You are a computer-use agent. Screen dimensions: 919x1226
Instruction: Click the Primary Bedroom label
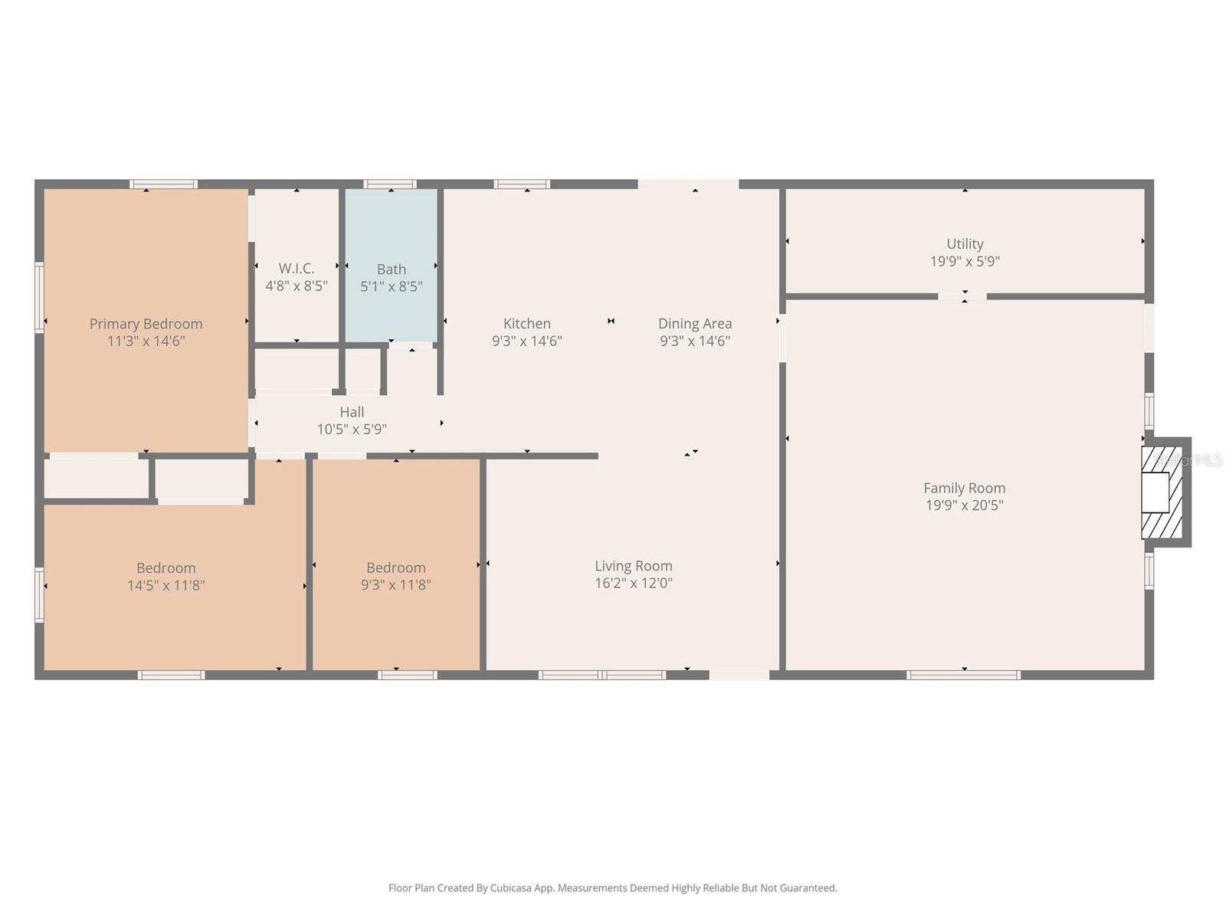[146, 324]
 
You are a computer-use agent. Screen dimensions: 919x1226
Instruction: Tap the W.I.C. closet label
[297, 269]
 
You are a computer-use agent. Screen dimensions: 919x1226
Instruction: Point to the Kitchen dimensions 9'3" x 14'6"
[526, 341]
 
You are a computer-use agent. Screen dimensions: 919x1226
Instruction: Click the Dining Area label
[694, 324]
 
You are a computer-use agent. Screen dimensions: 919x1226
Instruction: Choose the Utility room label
[964, 244]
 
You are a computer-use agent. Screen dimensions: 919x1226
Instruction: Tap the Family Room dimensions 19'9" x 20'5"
[964, 505]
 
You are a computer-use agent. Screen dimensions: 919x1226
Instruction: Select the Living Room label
[633, 566]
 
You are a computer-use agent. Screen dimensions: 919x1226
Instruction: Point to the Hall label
[352, 412]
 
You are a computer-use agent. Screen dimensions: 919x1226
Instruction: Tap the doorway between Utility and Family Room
[963, 296]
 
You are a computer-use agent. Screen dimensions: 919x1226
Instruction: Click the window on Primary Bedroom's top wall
[163, 184]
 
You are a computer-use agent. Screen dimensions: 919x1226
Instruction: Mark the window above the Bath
[389, 184]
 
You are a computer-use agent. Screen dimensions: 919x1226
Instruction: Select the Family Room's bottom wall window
[963, 675]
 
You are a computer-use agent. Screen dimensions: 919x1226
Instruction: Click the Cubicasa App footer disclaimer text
[612, 888]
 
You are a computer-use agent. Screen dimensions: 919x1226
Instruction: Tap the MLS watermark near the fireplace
[1192, 460]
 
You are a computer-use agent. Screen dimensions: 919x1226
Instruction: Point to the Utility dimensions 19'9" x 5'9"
[964, 261]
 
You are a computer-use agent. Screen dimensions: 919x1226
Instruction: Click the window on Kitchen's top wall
[521, 184]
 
